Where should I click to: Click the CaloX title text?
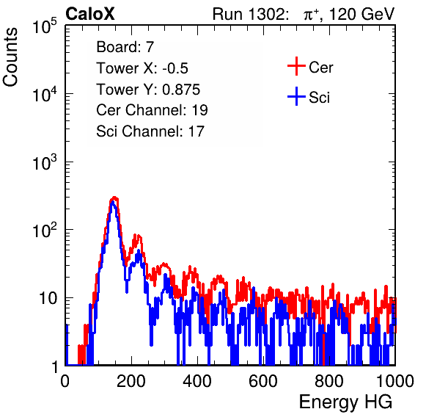89,14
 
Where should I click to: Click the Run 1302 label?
250,14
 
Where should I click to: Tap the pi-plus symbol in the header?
311,15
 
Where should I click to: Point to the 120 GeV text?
362,14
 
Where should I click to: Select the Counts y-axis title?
10,57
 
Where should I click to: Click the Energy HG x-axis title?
345,402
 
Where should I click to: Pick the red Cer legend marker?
296,66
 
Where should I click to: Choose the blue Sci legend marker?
296,96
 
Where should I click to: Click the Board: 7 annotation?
125,46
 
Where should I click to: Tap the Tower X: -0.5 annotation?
142,68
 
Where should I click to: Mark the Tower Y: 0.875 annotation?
148,90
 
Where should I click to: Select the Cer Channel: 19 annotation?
153,110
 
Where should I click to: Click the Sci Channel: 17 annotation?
150,131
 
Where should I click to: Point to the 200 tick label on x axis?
131,381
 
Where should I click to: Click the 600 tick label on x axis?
263,381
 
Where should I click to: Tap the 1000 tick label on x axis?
395,381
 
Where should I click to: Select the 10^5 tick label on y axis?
45,26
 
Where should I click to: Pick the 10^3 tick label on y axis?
45,162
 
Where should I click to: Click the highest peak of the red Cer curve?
114,198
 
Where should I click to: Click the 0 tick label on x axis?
65,381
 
